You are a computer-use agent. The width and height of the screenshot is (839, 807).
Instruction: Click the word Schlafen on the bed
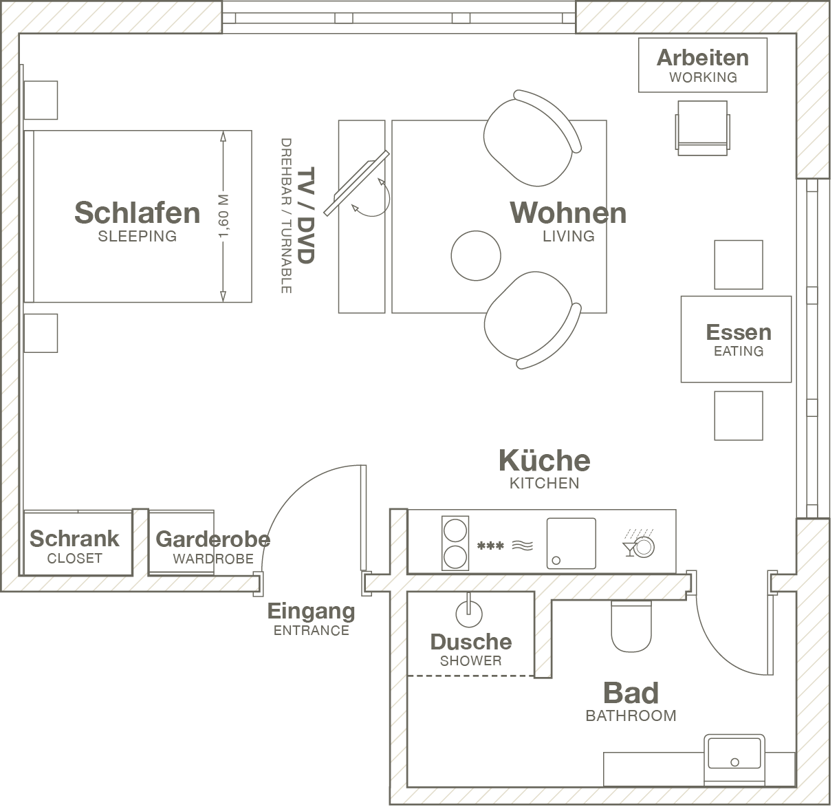137,213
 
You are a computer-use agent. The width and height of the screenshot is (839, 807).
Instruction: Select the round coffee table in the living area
476,255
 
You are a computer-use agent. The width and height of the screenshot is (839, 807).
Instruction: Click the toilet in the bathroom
631,625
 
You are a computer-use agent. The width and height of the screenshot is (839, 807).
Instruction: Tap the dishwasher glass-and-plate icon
639,544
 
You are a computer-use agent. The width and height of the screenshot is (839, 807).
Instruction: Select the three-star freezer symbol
490,547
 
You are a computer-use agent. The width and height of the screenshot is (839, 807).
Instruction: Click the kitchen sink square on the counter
571,544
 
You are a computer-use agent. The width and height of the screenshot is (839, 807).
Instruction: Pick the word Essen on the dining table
739,332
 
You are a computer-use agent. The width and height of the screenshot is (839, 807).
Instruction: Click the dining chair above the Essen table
739,265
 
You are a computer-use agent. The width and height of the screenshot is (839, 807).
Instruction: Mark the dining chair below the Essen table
739,416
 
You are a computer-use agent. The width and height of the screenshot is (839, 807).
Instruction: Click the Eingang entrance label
311,611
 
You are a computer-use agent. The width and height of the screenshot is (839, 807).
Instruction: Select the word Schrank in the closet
74,539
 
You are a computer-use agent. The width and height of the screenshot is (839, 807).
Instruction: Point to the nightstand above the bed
41,100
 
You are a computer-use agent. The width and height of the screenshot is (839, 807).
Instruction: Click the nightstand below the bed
41,333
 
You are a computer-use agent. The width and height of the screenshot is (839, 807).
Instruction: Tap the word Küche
544,460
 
